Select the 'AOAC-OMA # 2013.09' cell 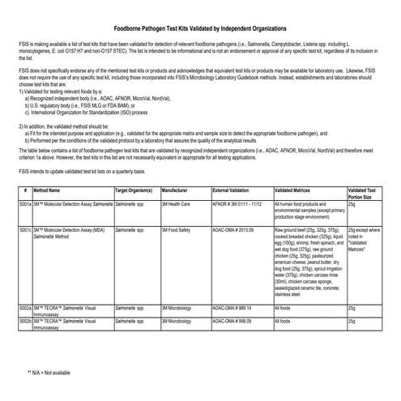click(232, 231)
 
